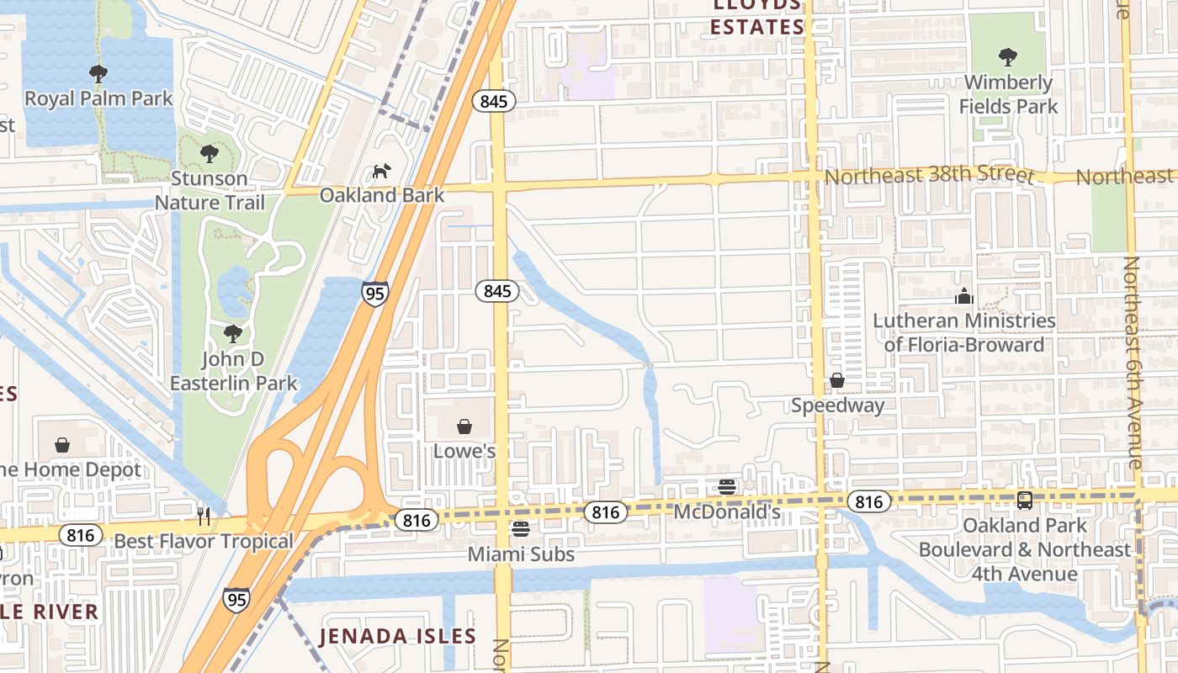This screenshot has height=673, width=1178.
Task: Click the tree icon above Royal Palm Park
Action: click(x=98, y=73)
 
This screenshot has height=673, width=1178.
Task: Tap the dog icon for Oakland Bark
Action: click(x=382, y=171)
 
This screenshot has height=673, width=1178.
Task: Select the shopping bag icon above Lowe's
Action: click(x=464, y=427)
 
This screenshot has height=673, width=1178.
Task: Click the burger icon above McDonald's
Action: click(x=728, y=486)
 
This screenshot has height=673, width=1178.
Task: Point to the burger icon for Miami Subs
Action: click(x=521, y=529)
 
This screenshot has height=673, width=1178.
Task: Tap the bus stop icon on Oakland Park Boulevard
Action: click(x=1024, y=500)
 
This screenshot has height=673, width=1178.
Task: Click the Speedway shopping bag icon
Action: click(x=837, y=380)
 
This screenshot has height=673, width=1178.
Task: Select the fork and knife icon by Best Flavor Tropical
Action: click(x=203, y=515)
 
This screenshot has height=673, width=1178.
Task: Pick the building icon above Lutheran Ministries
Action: click(x=963, y=296)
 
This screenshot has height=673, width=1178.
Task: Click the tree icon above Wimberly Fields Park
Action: click(x=1007, y=57)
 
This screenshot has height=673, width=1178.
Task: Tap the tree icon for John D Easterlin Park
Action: click(x=233, y=334)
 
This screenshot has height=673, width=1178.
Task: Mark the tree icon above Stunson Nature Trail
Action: click(x=210, y=154)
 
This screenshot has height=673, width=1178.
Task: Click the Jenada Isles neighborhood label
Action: click(x=397, y=636)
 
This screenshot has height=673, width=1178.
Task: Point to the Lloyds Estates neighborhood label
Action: click(x=756, y=17)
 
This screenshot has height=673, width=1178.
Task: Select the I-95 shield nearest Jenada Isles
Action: click(x=236, y=599)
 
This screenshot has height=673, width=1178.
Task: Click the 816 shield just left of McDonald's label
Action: click(x=605, y=511)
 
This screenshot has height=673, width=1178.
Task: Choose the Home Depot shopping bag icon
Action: click(x=62, y=444)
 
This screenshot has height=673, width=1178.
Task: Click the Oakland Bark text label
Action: click(x=381, y=195)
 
